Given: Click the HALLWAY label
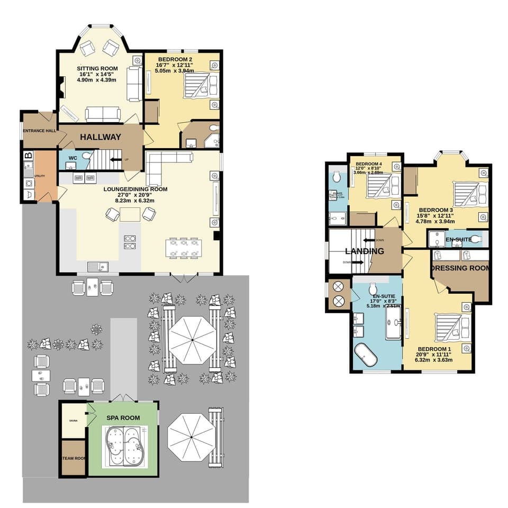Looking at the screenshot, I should [x=101, y=137].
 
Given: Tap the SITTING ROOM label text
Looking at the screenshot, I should [x=97, y=69].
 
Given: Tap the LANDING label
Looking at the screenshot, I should [x=365, y=251].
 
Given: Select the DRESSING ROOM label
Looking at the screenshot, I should [x=460, y=268].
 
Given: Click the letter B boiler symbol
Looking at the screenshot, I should [x=29, y=156].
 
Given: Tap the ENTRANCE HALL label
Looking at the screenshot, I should [x=39, y=131].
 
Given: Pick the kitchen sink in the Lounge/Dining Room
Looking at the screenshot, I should [x=97, y=266].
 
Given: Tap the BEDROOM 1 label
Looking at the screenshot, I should [x=434, y=349].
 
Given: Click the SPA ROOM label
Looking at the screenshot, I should [x=123, y=418].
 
